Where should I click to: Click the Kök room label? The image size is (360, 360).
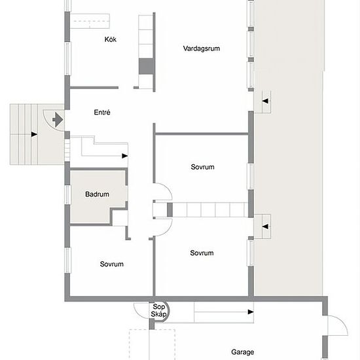(111, 39)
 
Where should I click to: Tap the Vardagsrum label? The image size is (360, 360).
(202, 48)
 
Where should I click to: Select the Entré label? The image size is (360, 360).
(102, 112)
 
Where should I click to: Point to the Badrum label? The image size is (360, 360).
(97, 194)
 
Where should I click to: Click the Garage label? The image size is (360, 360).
(242, 352)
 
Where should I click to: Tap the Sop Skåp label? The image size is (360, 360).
(158, 310)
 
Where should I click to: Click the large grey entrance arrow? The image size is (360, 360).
(58, 120)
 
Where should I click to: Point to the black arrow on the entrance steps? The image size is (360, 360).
(34, 134)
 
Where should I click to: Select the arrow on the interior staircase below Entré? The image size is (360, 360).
(124, 156)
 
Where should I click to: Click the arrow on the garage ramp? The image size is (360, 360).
(251, 312)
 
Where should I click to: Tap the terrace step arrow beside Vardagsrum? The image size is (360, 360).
(265, 101)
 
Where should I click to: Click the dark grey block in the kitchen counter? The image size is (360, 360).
(146, 66)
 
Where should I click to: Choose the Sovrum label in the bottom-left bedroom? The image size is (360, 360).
(111, 264)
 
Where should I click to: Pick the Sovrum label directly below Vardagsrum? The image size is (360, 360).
(202, 167)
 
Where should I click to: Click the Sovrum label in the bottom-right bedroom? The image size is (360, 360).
(202, 253)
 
